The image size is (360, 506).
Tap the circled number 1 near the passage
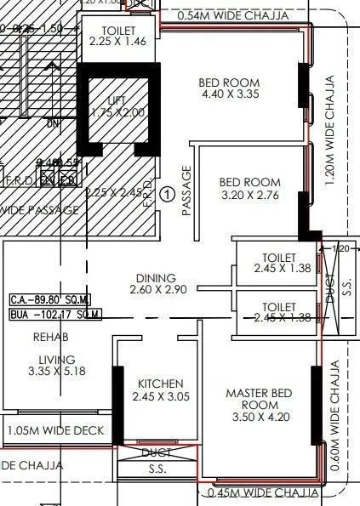168,194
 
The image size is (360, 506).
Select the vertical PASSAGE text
186,192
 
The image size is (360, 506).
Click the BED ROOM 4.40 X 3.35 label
229,88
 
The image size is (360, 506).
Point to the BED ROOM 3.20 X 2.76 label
249,188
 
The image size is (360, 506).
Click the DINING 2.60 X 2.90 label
154,284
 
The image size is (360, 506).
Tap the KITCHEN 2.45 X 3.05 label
160,389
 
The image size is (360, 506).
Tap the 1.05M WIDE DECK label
55,431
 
